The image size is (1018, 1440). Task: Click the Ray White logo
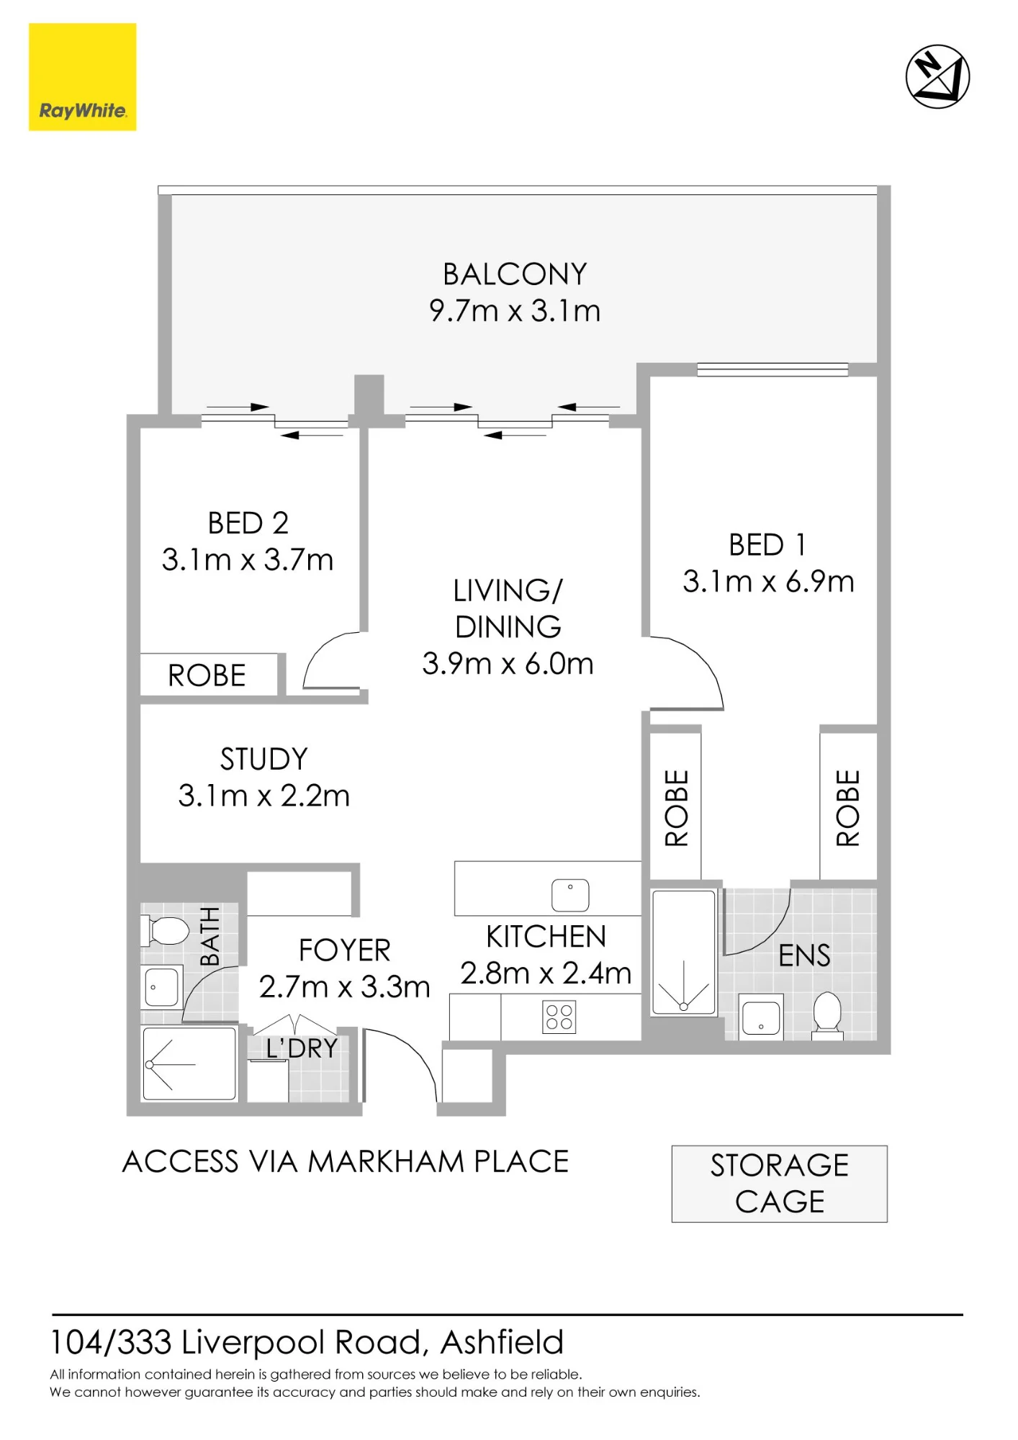pyautogui.click(x=82, y=77)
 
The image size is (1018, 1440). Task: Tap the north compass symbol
pyautogui.click(x=937, y=76)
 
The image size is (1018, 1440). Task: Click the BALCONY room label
pyautogui.click(x=515, y=274)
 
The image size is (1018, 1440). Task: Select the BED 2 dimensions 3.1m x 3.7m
pyautogui.click(x=248, y=560)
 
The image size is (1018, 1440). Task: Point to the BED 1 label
pyautogui.click(x=767, y=545)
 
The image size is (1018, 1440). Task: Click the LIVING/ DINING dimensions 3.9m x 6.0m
pyautogui.click(x=508, y=664)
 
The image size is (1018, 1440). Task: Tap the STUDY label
pyautogui.click(x=263, y=760)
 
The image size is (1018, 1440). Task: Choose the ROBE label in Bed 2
pyautogui.click(x=207, y=676)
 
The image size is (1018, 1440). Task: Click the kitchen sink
pyautogui.click(x=570, y=895)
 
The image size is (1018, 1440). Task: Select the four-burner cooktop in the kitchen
pyautogui.click(x=559, y=1017)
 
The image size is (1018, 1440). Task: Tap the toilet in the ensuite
pyautogui.click(x=827, y=1015)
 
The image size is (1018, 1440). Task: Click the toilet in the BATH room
pyautogui.click(x=165, y=930)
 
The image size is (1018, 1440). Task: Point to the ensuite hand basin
pyautogui.click(x=761, y=1017)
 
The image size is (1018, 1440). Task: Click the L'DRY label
pyautogui.click(x=302, y=1048)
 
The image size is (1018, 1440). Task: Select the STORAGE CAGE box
pyautogui.click(x=780, y=1184)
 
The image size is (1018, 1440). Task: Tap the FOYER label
pyautogui.click(x=345, y=950)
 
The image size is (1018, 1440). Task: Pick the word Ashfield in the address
pyautogui.click(x=502, y=1342)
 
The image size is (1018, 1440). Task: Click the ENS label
pyautogui.click(x=804, y=956)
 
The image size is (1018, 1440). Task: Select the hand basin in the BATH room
pyautogui.click(x=162, y=986)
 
